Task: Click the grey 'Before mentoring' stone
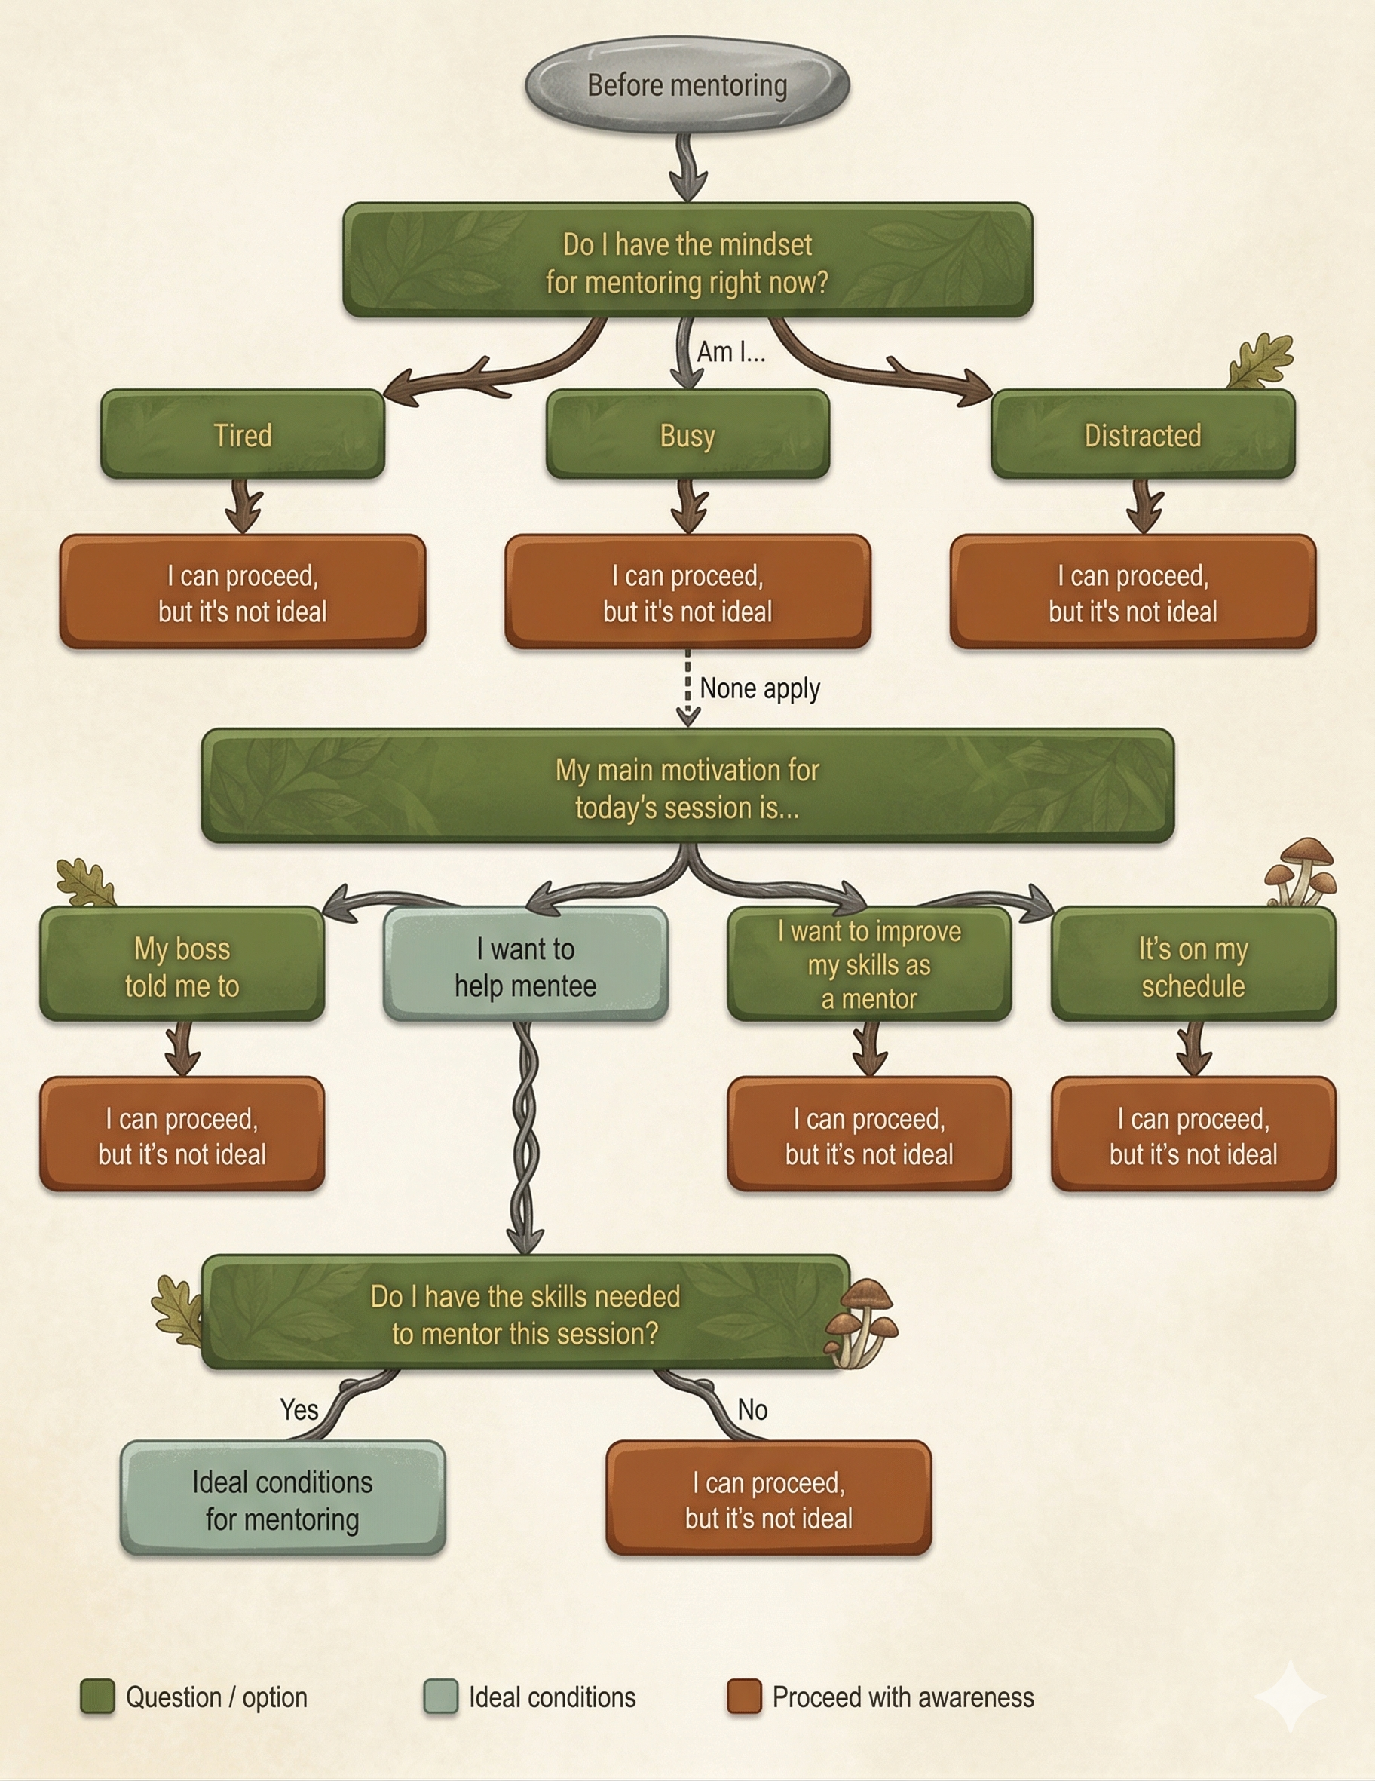tap(687, 84)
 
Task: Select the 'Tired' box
tap(243, 434)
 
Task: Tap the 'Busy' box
tap(687, 434)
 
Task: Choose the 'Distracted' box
tap(1143, 434)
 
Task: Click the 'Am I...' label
tap(731, 352)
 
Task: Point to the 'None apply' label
tap(760, 688)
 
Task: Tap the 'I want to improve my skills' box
tap(869, 965)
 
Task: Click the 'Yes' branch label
tap(299, 1409)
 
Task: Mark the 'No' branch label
tap(752, 1410)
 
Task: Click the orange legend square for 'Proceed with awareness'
tap(744, 1697)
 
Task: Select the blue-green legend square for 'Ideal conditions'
tap(441, 1697)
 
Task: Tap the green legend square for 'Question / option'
tap(97, 1697)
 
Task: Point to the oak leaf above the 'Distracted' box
tap(1262, 360)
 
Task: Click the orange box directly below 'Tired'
tap(243, 593)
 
